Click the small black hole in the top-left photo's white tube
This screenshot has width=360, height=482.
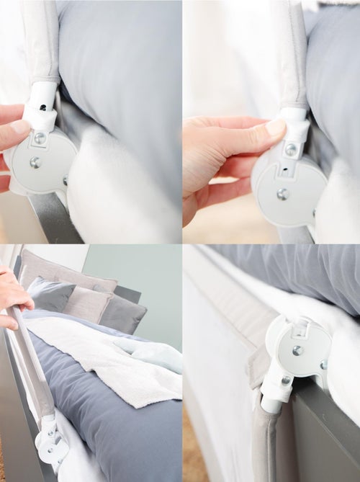point(43,108)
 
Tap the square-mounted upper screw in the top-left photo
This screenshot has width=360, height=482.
point(40,137)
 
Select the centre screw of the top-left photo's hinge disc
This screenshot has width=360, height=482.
point(35,163)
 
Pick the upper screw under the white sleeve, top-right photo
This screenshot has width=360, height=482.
point(291,150)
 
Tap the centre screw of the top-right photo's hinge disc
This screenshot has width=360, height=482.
point(283,193)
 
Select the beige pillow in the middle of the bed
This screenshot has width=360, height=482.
point(84,303)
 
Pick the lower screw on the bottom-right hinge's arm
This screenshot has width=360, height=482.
point(286,380)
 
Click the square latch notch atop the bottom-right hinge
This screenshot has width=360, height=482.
point(303,330)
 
